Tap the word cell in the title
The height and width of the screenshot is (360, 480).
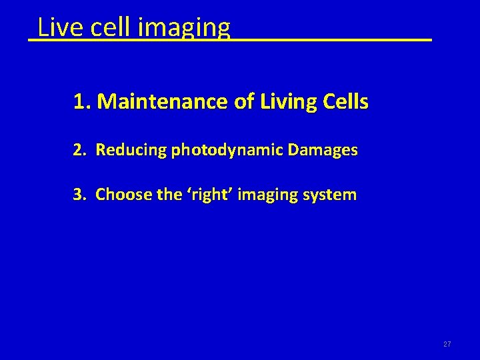click(x=100, y=27)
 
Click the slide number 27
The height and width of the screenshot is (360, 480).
click(x=447, y=344)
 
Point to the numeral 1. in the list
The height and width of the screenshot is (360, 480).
click(x=82, y=102)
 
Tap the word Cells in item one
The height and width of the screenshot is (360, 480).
click(x=345, y=102)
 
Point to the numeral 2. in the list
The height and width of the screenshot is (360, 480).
click(x=80, y=150)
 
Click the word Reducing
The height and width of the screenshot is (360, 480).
click(x=131, y=151)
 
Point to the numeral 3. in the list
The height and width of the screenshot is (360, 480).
click(x=80, y=195)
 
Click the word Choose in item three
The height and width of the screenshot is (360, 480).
click(x=120, y=195)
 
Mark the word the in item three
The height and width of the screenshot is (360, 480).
click(x=159, y=195)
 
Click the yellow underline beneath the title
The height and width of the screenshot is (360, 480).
click(x=333, y=41)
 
